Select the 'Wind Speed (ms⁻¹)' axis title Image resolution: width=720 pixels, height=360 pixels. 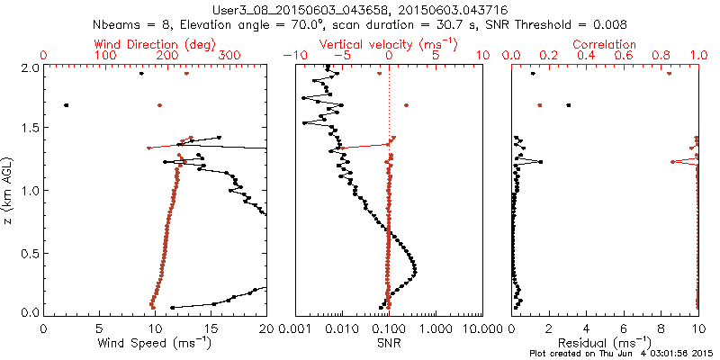(x=156, y=342)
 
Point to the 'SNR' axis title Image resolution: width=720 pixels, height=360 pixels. (x=388, y=342)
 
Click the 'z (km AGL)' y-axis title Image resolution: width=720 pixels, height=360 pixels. (x=9, y=190)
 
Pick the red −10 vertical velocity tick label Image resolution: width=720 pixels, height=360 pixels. (x=292, y=56)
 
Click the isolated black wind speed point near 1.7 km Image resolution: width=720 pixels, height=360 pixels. (x=66, y=105)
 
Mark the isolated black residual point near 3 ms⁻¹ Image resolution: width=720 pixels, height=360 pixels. (x=568, y=105)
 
